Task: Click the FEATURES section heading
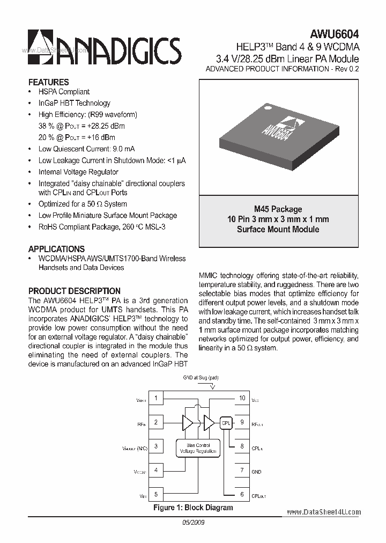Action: click(48, 82)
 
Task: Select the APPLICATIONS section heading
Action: click(56, 249)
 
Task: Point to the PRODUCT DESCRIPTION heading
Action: click(74, 291)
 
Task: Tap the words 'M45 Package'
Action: click(278, 209)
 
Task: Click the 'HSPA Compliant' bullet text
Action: click(64, 92)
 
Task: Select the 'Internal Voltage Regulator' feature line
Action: click(78, 172)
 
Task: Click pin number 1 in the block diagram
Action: click(155, 398)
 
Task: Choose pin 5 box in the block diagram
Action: click(155, 494)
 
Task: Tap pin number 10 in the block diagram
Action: click(242, 398)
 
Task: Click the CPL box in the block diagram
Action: click(226, 422)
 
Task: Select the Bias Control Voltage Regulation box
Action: click(198, 448)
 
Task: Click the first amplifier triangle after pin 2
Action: click(188, 422)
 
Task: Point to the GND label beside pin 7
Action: click(256, 472)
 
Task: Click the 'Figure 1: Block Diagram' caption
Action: click(193, 507)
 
